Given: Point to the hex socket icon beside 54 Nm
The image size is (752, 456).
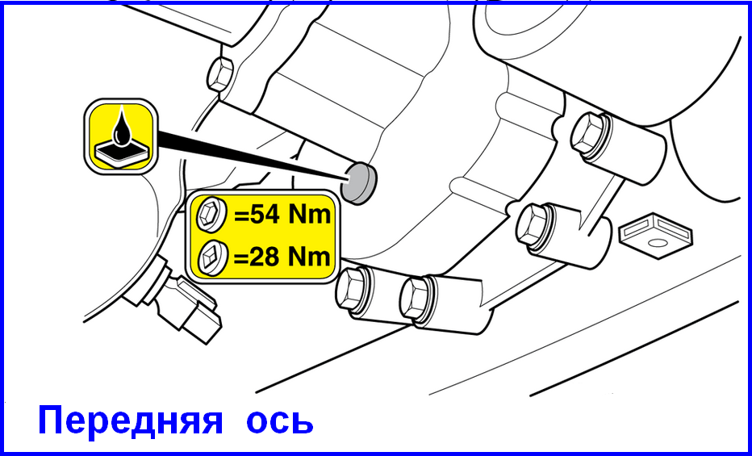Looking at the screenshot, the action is pos(211,215).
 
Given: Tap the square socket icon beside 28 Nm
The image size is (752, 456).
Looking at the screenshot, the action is pos(211,257).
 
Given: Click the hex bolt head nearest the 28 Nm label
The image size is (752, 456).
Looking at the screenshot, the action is pos(352,288).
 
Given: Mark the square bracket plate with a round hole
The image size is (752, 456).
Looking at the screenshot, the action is pos(656,235).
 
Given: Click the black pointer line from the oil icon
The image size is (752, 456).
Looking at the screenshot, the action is pos(252,155).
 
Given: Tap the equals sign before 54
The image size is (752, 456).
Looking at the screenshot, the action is pos(238,216).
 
